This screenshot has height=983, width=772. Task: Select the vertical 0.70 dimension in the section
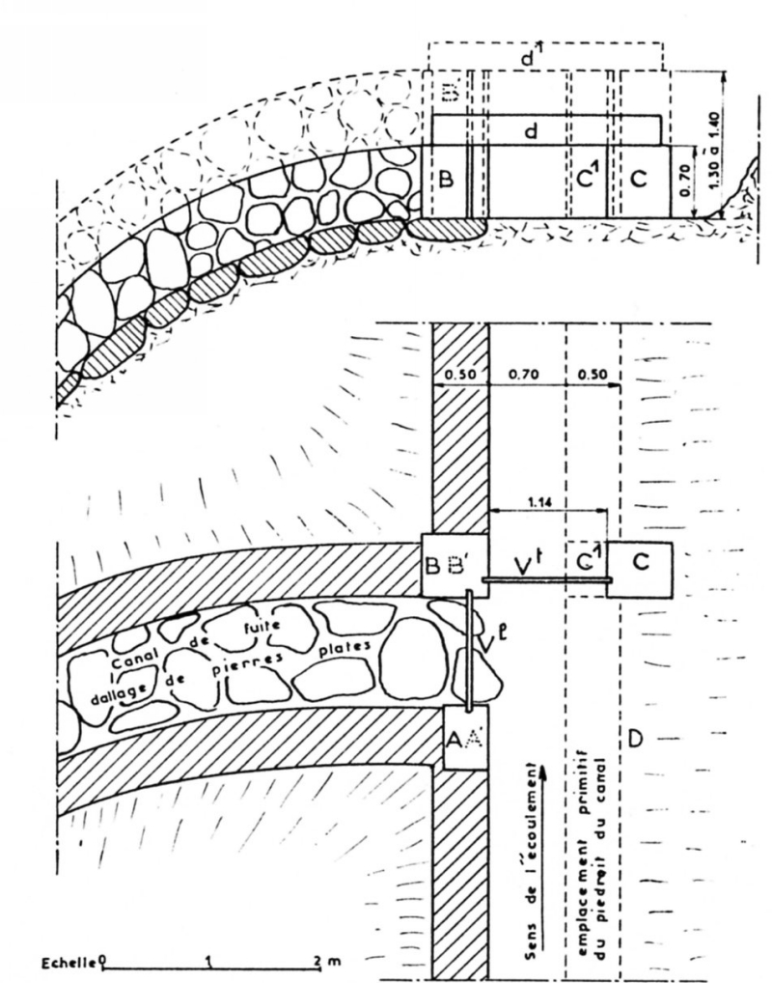[684, 181]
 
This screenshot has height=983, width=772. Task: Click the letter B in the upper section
[447, 179]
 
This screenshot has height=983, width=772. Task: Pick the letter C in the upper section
[641, 180]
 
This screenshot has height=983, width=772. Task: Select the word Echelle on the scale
[69, 963]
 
